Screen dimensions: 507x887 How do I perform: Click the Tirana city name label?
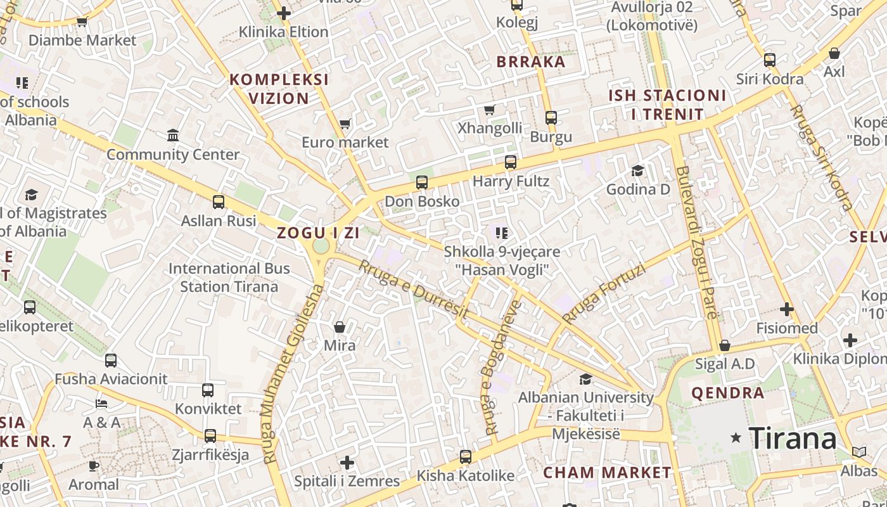tap(793, 438)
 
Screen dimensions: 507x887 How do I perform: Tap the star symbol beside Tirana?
tap(736, 437)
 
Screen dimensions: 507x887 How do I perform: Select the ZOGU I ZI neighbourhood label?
tap(318, 233)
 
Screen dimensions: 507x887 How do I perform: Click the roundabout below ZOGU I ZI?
tap(321, 245)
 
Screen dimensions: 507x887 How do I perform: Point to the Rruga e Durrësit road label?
tap(413, 290)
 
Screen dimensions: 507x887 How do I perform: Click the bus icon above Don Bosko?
tap(422, 183)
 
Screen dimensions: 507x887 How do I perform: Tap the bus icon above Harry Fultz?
tap(511, 162)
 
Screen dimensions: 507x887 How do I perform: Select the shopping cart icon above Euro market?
tap(345, 124)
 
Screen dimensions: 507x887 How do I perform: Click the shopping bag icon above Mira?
tap(340, 327)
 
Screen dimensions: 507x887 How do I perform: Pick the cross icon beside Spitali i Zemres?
tap(347, 462)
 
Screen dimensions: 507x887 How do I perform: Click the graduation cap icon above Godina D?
tap(637, 170)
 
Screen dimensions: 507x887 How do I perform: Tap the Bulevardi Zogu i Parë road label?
tap(697, 242)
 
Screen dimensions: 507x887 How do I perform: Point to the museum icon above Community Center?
tap(173, 136)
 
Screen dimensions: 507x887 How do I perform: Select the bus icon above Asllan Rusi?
tap(219, 202)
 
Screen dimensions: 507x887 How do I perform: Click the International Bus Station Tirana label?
tap(229, 277)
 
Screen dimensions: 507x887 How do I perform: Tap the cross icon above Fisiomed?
tap(787, 309)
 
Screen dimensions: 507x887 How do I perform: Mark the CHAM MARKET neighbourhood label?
tap(607, 472)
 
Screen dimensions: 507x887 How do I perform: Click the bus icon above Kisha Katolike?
tap(466, 457)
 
